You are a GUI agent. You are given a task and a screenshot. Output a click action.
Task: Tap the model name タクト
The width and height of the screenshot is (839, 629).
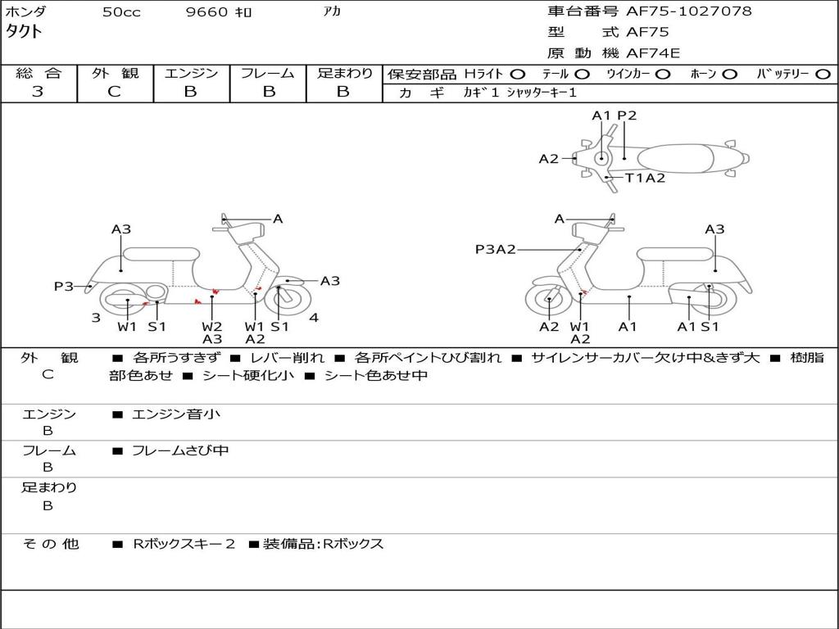point(24,32)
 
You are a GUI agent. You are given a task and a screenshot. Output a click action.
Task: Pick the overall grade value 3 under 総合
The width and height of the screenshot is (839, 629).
point(39,92)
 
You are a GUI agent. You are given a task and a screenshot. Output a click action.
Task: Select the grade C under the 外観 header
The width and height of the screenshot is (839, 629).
point(114,92)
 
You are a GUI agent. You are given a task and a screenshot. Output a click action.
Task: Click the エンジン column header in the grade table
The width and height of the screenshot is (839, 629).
point(191,73)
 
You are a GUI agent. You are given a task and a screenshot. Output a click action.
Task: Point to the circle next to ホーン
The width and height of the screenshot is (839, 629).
point(730,74)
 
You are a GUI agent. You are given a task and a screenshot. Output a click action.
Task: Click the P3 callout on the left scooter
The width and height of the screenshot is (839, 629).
point(64,286)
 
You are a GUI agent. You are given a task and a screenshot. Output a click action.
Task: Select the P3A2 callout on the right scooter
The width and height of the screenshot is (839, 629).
point(495,249)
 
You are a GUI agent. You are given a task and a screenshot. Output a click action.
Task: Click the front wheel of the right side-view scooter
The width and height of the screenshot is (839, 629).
point(548,302)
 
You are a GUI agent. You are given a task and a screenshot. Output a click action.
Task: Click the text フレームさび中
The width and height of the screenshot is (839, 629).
point(180,450)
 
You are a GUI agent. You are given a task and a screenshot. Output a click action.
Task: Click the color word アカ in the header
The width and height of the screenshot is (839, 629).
point(331,12)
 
